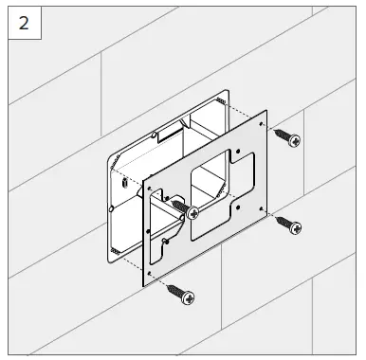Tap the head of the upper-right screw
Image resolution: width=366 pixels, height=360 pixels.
295,140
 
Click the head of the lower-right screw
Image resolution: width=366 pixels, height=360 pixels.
295,227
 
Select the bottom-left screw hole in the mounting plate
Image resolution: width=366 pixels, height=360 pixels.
151,278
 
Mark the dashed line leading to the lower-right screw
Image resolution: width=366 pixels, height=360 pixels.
268,215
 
